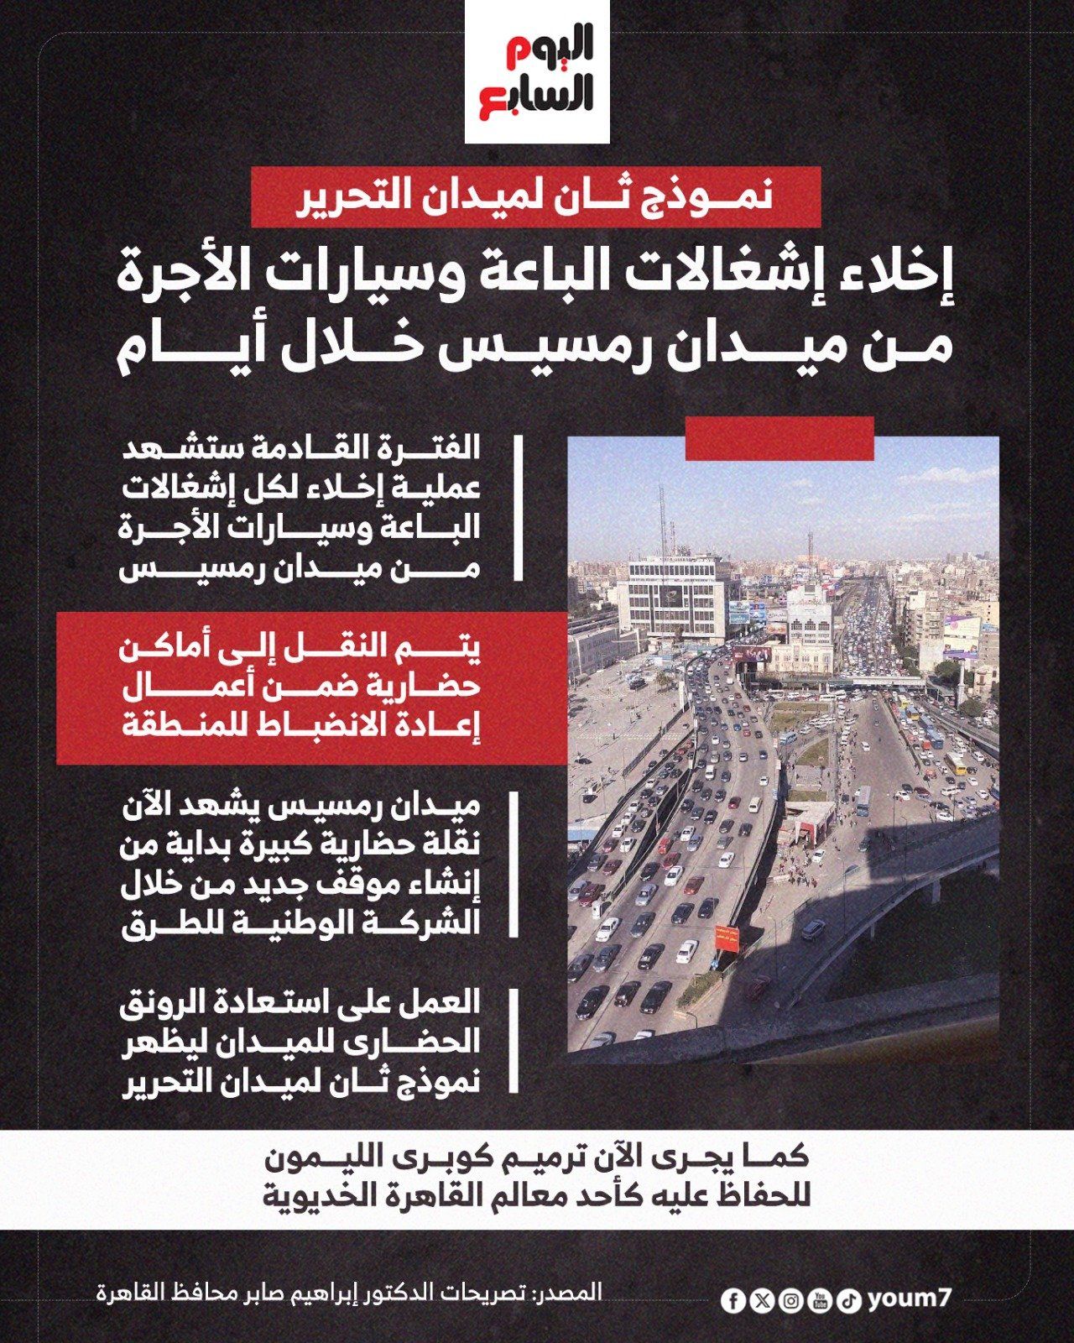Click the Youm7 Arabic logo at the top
tap(537, 74)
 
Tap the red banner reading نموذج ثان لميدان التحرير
tap(537, 196)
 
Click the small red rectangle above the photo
tap(779, 439)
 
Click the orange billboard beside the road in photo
tap(727, 938)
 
